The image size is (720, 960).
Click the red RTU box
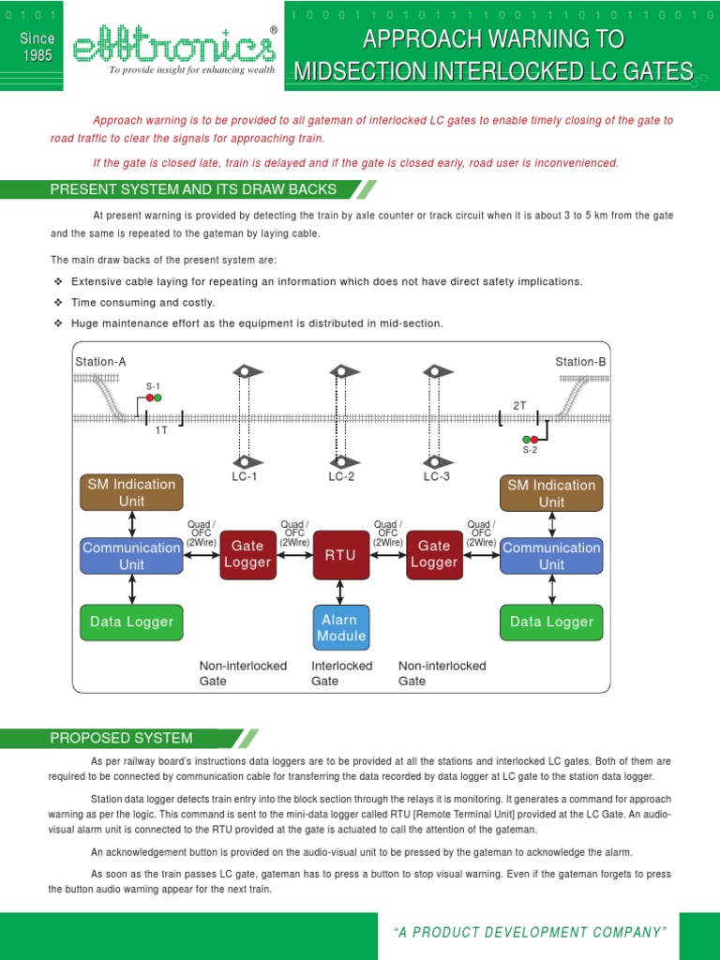click(340, 555)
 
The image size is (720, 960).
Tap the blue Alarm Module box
click(340, 627)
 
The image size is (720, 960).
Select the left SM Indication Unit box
click(131, 492)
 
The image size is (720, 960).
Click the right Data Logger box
click(551, 622)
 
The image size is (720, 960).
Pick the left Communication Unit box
click(131, 555)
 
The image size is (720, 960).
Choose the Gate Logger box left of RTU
click(247, 554)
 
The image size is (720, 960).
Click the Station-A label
click(100, 362)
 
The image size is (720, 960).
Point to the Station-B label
click(580, 362)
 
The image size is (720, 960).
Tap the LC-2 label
click(341, 476)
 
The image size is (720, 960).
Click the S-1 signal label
click(153, 386)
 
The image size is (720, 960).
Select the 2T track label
click(519, 405)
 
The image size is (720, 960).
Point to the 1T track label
click(161, 429)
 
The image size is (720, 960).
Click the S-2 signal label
click(530, 450)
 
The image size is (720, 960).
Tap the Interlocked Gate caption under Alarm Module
click(341, 673)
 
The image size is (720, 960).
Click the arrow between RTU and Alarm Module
click(340, 591)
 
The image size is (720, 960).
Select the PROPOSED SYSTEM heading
click(121, 738)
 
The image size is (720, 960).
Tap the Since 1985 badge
click(37, 47)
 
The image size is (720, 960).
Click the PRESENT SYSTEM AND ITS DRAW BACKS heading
click(193, 189)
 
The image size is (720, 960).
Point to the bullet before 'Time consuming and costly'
click(58, 303)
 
